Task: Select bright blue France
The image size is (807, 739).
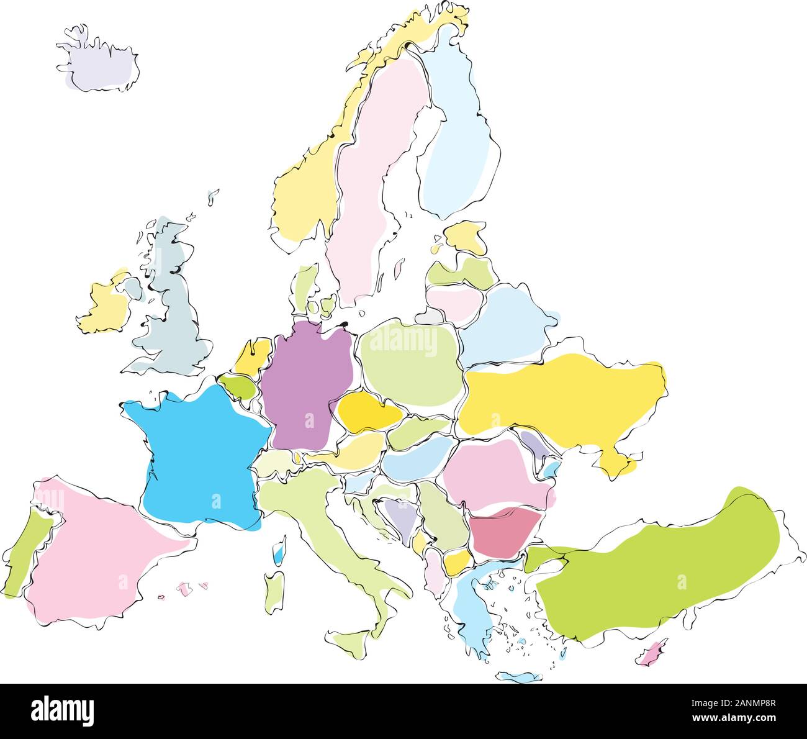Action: [199, 453]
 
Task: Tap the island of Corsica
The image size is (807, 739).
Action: [280, 550]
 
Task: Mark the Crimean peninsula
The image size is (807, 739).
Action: [618, 463]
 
